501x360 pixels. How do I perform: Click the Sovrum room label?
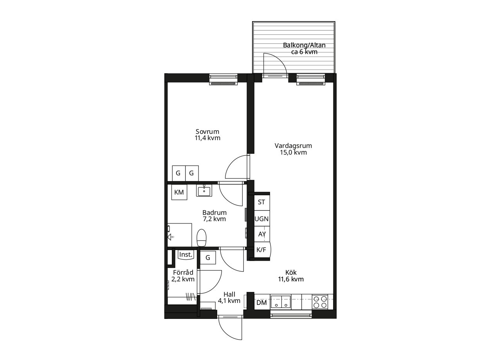click(207, 131)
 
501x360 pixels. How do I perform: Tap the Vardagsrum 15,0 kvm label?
click(293, 149)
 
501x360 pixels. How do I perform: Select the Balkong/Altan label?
click(304, 45)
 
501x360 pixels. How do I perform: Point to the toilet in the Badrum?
click(201, 238)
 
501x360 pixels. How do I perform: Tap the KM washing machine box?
click(179, 192)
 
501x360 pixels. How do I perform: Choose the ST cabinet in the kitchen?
click(262, 202)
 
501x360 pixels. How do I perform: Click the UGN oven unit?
click(262, 218)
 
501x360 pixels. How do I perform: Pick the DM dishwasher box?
click(262, 302)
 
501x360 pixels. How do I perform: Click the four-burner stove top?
click(320, 302)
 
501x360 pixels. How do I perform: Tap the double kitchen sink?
click(281, 302)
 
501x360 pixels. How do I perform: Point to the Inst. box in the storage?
click(186, 255)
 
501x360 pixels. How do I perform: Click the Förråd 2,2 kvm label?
click(183, 276)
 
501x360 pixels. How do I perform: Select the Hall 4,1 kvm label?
click(229, 297)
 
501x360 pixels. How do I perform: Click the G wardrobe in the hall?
click(208, 257)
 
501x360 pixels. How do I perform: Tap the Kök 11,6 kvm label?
click(291, 276)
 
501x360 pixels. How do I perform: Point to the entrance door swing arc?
click(226, 333)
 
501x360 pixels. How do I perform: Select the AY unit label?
click(262, 234)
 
